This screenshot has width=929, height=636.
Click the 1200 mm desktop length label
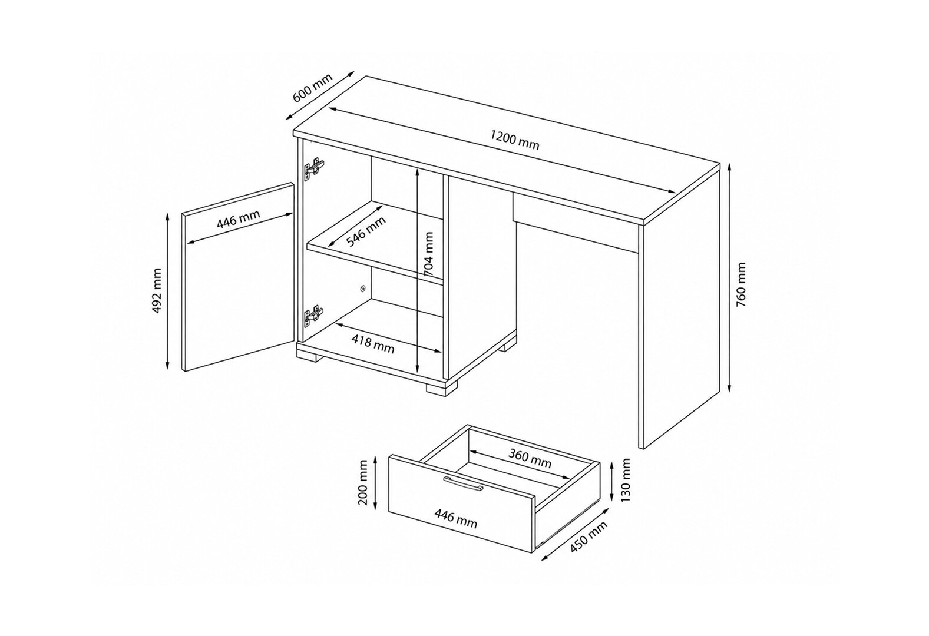click(514, 140)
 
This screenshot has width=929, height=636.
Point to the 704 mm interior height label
click(429, 254)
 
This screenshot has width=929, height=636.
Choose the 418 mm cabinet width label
click(373, 344)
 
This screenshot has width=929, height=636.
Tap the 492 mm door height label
click(157, 291)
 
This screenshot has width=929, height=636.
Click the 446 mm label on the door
click(239, 219)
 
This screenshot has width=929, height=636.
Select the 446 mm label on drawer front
click(456, 518)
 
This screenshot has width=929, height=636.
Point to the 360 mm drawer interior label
click(530, 458)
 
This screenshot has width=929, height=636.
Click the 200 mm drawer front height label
click(363, 482)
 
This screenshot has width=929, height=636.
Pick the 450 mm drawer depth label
click(589, 536)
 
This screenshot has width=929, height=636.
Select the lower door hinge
click(314, 316)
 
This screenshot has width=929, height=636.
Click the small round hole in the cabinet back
click(363, 288)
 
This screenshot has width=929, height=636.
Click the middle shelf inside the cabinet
click(375, 243)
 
